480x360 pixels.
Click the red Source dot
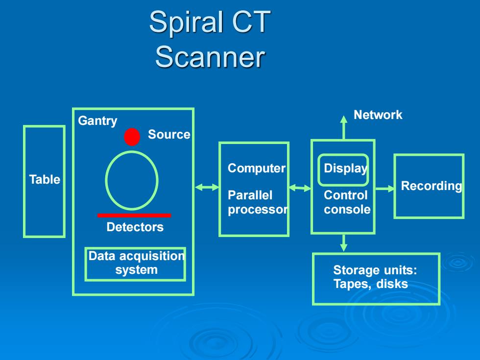point(132,137)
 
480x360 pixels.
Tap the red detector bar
point(134,216)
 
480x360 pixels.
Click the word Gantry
point(97,121)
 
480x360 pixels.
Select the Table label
point(45,179)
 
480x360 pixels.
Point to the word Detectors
point(135,227)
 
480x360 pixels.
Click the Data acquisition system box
point(135,248)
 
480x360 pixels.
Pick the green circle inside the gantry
point(106,181)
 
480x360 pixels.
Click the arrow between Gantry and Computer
point(207,187)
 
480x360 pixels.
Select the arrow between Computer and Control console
point(300,188)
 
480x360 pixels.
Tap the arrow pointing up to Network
point(344,128)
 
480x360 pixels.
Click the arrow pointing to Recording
point(385,189)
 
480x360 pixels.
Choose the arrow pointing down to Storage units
point(344,243)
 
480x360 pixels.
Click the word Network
point(378,115)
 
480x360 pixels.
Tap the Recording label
point(432,186)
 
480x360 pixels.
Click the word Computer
point(257,168)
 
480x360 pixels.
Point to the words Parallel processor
point(258,202)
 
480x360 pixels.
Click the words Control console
point(347,202)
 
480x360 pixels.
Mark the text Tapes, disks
point(370,284)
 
